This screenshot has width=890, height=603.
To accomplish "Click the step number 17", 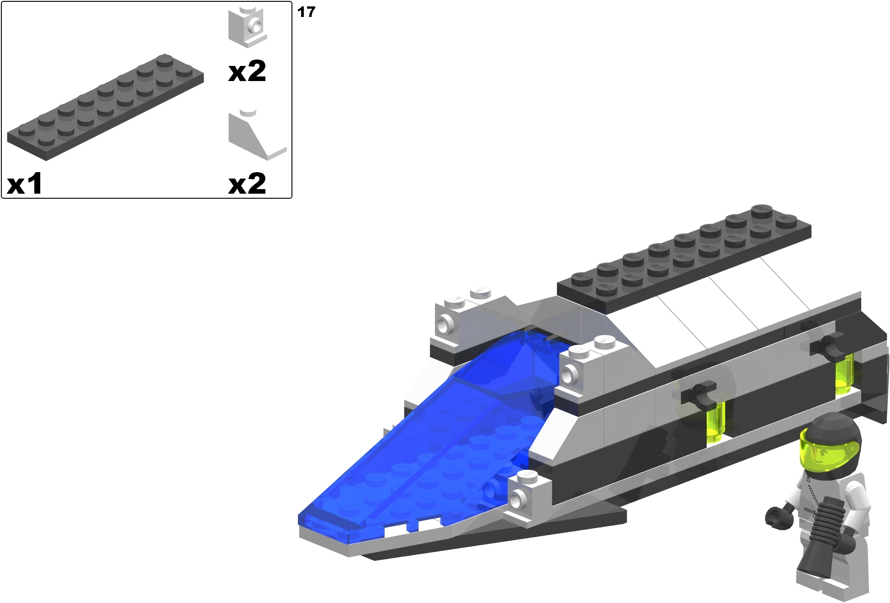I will point(306,12).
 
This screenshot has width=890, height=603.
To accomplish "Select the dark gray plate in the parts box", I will point(105,108).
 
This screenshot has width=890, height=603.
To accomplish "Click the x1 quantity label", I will point(25,184).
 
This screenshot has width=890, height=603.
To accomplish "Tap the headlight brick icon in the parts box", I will point(248,27).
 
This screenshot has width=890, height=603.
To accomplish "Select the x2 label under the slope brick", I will point(247,184).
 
